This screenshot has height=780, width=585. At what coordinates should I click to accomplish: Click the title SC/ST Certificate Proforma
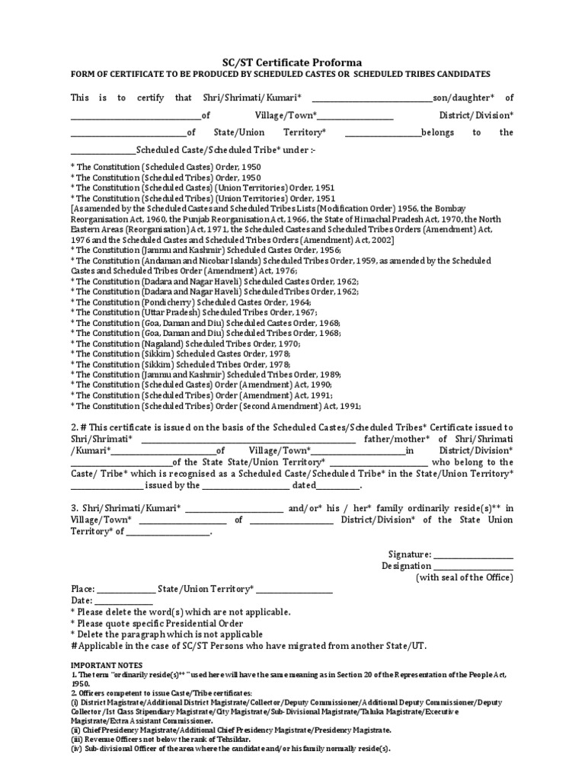click(292, 62)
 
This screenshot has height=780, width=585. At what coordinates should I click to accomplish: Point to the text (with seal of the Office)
click(464, 578)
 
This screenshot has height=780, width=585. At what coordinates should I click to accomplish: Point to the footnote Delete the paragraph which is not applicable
click(166, 635)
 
